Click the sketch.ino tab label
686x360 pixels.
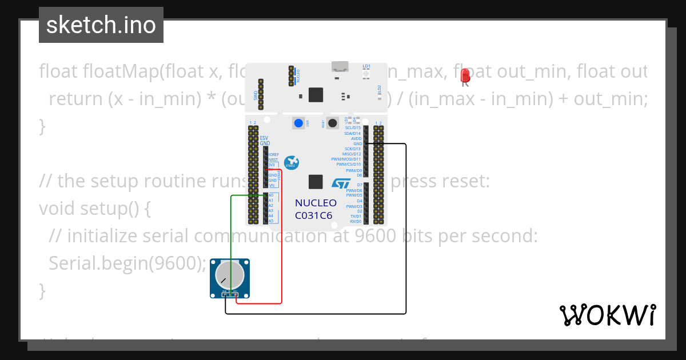pos(101,25)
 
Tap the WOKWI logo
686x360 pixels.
pos(607,315)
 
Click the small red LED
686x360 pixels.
pos(465,75)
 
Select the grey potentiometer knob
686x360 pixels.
pos(229,275)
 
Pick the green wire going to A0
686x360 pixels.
pos(231,229)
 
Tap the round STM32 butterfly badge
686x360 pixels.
pos(292,162)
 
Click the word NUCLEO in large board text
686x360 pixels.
pos(316,203)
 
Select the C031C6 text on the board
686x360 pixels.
pos(313,215)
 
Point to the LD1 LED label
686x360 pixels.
pos(366,66)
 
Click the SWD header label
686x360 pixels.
pos(256,95)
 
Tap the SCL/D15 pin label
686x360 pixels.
pos(353,128)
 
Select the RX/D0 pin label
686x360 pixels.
pos(356,221)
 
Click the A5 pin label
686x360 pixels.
pos(271,221)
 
